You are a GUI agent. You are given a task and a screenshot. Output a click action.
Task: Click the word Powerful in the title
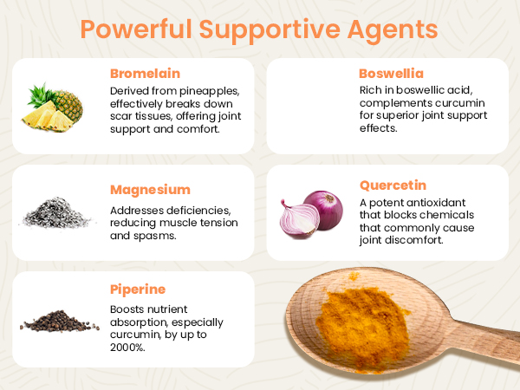point(136,29)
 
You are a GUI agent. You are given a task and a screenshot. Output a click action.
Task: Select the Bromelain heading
point(146,74)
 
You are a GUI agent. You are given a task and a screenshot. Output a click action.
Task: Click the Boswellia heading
point(392,74)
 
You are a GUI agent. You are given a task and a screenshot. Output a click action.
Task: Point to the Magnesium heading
point(150,190)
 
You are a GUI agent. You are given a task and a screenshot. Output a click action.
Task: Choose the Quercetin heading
point(393,185)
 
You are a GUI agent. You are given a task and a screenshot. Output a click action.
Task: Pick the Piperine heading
point(138,289)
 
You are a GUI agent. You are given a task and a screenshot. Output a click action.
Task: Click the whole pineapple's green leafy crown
point(40,95)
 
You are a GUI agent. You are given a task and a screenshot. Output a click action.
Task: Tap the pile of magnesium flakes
point(56,213)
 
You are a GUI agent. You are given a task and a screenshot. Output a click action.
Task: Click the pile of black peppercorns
point(59,321)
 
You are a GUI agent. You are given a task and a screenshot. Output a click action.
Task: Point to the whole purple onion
point(324,209)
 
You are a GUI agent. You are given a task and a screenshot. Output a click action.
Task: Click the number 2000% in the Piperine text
point(127,348)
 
